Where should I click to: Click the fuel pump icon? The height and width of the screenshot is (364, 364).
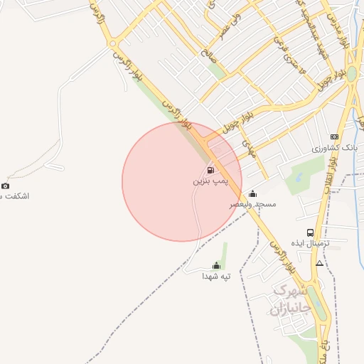(x=210, y=170)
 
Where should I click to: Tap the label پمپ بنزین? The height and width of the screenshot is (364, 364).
(x=207, y=181)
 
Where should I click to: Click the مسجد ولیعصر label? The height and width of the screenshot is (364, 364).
(x=252, y=204)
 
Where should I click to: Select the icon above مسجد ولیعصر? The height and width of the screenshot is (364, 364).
(x=253, y=193)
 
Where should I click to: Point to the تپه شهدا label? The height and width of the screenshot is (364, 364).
(x=216, y=276)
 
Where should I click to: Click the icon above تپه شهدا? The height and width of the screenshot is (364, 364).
(x=216, y=266)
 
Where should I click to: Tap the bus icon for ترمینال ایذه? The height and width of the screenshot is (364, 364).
(x=310, y=232)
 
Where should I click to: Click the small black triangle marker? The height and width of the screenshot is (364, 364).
(x=319, y=263)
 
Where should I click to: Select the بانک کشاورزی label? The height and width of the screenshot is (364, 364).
(x=333, y=149)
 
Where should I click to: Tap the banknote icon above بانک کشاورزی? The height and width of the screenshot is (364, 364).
(x=334, y=136)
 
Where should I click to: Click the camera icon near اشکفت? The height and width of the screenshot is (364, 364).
(x=6, y=186)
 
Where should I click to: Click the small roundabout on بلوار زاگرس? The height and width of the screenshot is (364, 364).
(x=113, y=44)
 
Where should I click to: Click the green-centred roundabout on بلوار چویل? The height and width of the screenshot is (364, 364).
(x=352, y=73)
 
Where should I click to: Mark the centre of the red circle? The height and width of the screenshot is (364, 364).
(x=182, y=181)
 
